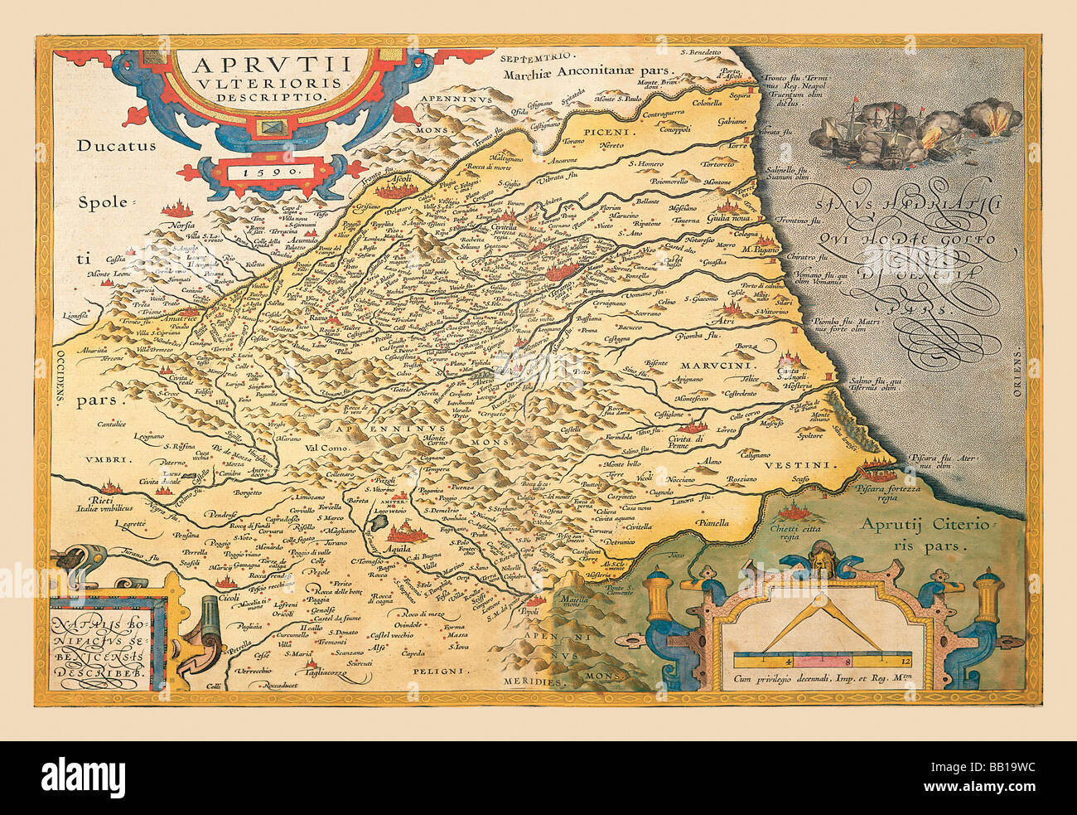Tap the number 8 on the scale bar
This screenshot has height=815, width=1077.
(x=847, y=662)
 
